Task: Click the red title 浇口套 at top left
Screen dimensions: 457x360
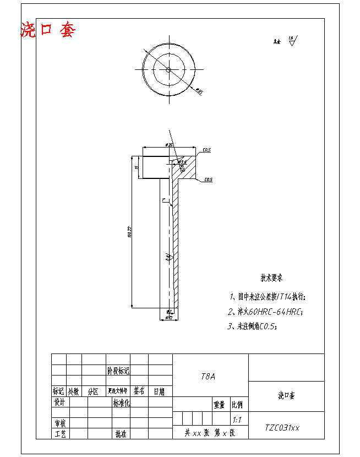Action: coord(47,30)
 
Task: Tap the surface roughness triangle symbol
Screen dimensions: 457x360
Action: coord(292,40)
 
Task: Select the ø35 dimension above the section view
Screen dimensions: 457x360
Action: coord(169,145)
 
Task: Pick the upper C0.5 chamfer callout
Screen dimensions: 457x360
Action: coord(207,150)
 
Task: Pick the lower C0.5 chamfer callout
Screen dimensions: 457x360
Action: coord(208,179)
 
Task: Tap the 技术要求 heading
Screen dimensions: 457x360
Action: coord(272,279)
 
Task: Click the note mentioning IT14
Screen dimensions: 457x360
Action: coord(268,297)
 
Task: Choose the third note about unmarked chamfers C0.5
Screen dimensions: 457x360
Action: coord(253,326)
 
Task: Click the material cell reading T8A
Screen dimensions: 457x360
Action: coord(209,377)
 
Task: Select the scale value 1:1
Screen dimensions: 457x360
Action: coord(237,420)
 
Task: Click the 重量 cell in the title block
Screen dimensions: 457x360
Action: coord(220,405)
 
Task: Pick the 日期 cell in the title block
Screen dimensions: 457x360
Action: coord(159,391)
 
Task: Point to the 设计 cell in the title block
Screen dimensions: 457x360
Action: coord(59,403)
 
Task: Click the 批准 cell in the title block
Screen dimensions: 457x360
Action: coord(121,434)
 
